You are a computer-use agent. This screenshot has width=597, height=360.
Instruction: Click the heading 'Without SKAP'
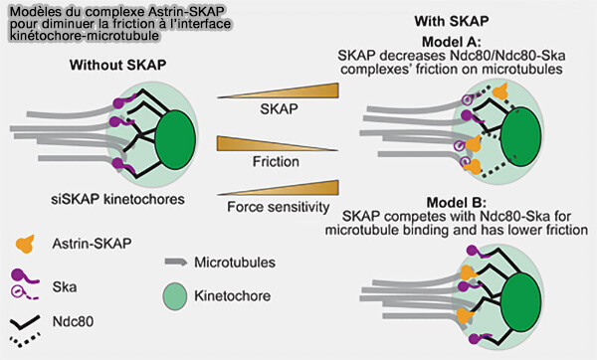coord(117,66)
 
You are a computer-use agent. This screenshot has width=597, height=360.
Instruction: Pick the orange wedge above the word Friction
coord(262,145)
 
